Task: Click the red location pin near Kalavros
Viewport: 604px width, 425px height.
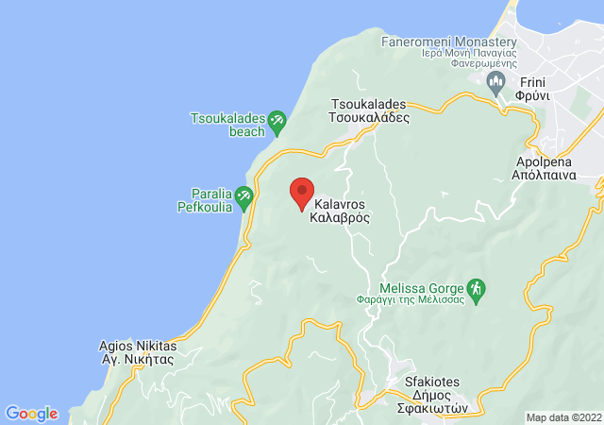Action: (x=302, y=193)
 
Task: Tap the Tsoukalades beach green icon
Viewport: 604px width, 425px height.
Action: (x=277, y=120)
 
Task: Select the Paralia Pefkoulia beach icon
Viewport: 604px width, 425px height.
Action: (x=244, y=198)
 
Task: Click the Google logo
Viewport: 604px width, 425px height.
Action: (x=31, y=414)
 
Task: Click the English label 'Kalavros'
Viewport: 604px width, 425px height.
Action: (x=339, y=202)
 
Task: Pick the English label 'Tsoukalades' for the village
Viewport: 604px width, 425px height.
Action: (x=368, y=104)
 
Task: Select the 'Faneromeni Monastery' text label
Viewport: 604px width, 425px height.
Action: (x=448, y=43)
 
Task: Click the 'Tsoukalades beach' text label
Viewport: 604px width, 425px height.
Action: (x=227, y=125)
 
